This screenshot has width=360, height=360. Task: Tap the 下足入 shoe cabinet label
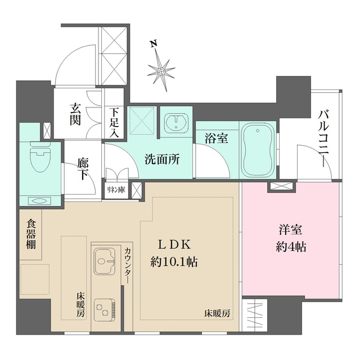[x=114, y=123]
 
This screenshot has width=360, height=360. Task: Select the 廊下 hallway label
[x=83, y=169]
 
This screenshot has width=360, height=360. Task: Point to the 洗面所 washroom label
[x=162, y=159]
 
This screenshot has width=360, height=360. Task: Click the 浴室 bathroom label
[x=216, y=138]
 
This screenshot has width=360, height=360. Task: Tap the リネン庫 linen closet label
[x=116, y=190]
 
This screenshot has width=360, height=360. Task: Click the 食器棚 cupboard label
[x=31, y=235]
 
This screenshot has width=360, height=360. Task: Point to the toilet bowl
[x=40, y=157]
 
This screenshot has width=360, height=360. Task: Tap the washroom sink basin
[x=176, y=123]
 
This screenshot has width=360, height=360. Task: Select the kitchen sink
[x=105, y=261]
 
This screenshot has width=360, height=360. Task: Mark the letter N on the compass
[x=153, y=44]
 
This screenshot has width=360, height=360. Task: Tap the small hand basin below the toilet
[x=38, y=201]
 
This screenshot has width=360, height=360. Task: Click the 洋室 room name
[x=291, y=230]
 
